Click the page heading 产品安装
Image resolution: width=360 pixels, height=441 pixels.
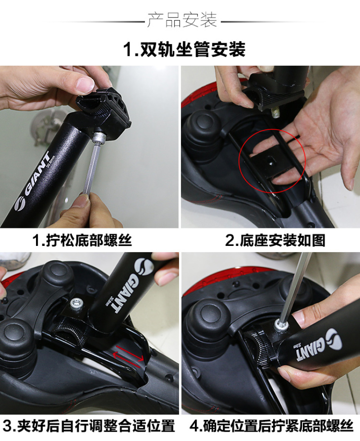182,20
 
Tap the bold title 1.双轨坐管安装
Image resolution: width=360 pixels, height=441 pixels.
184,49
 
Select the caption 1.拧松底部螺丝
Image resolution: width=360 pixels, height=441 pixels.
82,241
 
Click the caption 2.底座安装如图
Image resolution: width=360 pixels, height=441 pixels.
275,241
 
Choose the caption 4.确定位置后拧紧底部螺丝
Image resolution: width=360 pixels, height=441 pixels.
271,426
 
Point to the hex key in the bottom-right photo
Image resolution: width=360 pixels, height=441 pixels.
295,287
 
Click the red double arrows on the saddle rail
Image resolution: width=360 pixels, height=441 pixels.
128,358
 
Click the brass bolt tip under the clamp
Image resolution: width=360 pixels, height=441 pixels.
274,112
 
